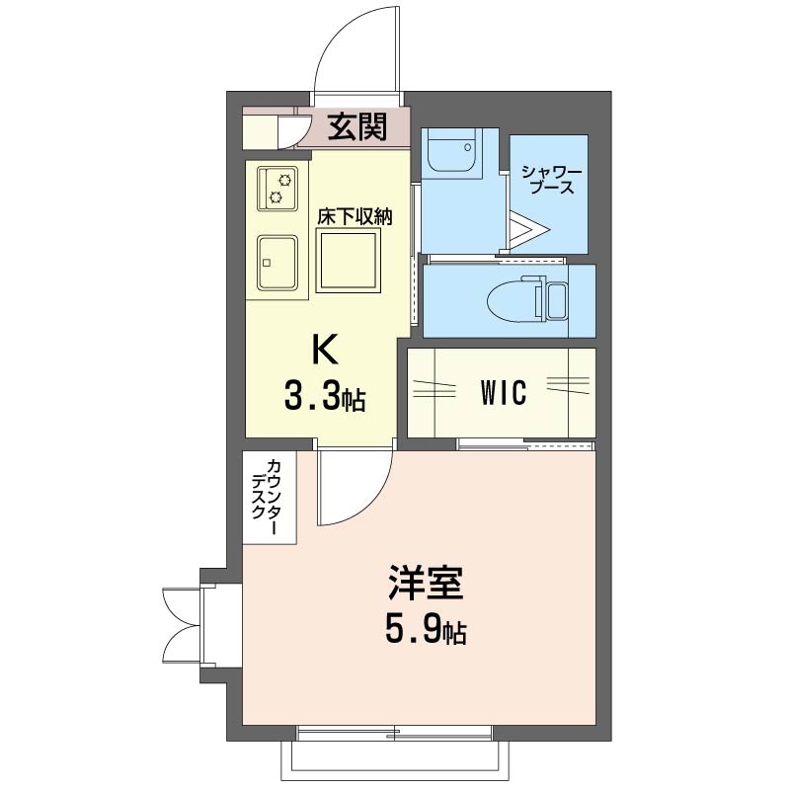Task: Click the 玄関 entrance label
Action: coord(357,126)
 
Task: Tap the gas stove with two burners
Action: coord(277,189)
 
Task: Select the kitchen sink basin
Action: coord(276,263)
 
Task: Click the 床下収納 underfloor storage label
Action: coord(355,216)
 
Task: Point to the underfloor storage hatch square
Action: coord(349,260)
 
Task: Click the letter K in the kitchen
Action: coord(326,350)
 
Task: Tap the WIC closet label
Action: coord(504,392)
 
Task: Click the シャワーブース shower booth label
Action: coord(552,180)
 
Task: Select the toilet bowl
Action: coord(513,301)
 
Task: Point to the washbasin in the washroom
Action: coord(452,150)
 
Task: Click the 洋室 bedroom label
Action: coord(426,584)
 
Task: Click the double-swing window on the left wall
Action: coord(183,626)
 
